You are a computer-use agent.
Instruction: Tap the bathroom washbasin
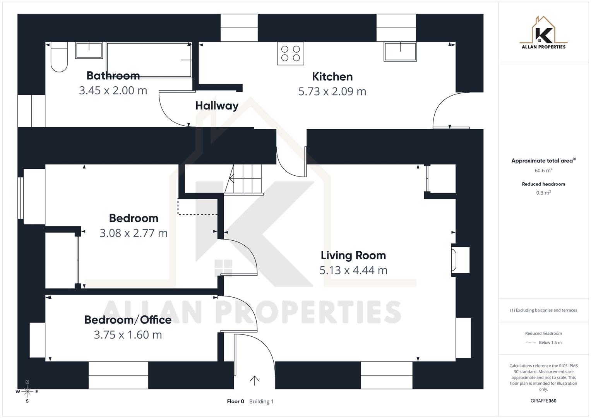[89, 50]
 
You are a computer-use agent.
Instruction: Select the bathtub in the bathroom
[149, 60]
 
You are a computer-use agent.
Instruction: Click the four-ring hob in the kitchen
[290, 53]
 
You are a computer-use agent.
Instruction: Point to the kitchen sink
[400, 51]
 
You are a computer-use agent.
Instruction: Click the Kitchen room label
[332, 77]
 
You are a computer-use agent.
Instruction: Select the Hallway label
[217, 106]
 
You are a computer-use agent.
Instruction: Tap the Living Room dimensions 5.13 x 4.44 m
[353, 270]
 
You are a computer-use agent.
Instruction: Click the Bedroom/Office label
[128, 320]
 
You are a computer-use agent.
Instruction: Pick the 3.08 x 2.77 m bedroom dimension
[134, 233]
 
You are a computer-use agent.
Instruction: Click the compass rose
[27, 392]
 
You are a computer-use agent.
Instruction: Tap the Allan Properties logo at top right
[543, 33]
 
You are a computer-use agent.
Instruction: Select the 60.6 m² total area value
[543, 170]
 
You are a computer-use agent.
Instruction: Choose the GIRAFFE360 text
[543, 401]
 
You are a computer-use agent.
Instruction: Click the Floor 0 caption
[235, 401]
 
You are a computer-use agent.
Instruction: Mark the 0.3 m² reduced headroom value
[543, 193]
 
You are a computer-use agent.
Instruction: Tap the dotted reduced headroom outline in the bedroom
[197, 214]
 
